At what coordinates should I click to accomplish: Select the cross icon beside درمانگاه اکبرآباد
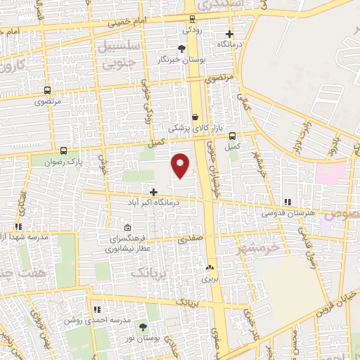[x=153, y=191]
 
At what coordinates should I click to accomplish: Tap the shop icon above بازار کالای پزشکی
[x=195, y=117]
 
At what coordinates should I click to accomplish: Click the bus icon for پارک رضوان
[x=64, y=150]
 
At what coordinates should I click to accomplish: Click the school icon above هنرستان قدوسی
[x=288, y=201]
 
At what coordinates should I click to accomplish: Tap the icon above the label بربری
[x=209, y=268]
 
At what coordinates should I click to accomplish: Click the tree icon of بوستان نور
[x=143, y=328]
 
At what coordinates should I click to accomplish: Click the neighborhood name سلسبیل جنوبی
[x=121, y=56]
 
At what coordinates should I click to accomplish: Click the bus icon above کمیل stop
[x=233, y=137]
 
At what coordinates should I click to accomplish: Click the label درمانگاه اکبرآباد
[x=153, y=202]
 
